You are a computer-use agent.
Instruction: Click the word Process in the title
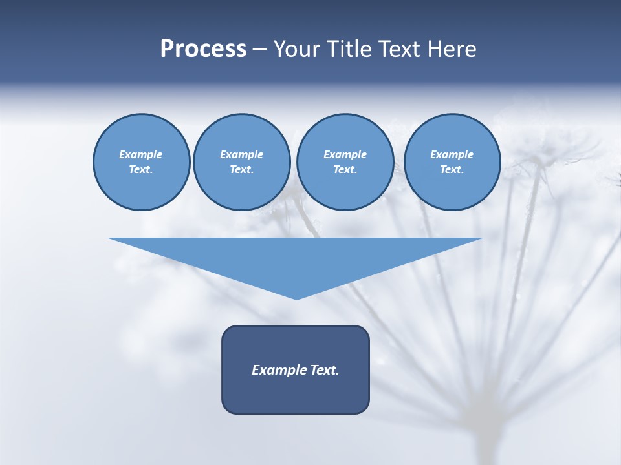[x=203, y=49]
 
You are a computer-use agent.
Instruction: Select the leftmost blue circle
[x=141, y=162]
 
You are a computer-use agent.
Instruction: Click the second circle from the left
[x=241, y=162]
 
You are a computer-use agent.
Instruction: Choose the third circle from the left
[x=345, y=162]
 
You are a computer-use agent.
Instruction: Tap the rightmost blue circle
[x=452, y=162]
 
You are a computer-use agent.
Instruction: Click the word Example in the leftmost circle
[x=141, y=154]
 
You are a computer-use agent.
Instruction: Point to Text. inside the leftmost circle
[x=141, y=170]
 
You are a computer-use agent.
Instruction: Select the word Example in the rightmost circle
[x=452, y=154]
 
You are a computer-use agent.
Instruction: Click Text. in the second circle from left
[x=241, y=170]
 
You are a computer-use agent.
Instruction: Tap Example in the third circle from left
[x=345, y=154]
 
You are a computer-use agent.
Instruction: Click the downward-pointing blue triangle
[x=296, y=258]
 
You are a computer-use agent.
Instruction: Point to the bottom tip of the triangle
[x=296, y=298]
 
